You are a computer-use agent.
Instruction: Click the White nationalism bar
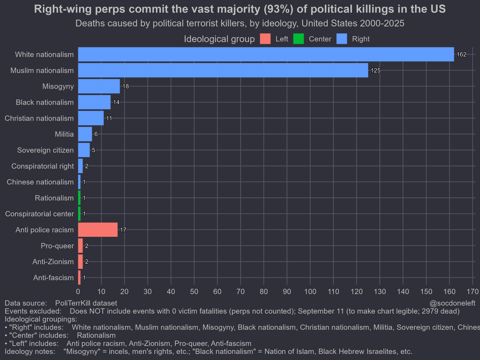[x=266, y=54]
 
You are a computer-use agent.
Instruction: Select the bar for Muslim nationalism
[x=223, y=70]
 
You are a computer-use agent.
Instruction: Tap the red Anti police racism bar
[x=98, y=230]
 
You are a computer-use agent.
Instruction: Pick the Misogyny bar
[x=99, y=86]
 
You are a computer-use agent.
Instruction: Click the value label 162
[x=462, y=54]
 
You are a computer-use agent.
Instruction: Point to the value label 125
[x=375, y=70]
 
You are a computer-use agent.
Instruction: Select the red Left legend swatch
[x=265, y=39]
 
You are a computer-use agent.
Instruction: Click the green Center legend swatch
[x=298, y=39]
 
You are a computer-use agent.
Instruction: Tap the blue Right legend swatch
[x=342, y=39]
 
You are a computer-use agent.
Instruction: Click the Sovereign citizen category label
[x=45, y=150]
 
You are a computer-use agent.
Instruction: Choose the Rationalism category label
[x=54, y=198]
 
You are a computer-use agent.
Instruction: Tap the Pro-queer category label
[x=57, y=246]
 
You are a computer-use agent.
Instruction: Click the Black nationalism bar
[x=94, y=102]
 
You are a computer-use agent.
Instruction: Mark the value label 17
[x=123, y=230]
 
